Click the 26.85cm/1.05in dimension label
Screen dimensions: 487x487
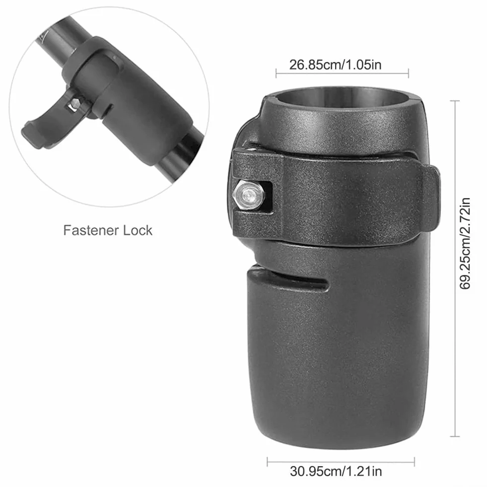click(x=335, y=65)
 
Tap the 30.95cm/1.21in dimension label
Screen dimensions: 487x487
click(x=336, y=471)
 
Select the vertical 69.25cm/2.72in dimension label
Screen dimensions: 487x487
click(x=465, y=243)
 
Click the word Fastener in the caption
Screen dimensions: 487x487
click(x=91, y=230)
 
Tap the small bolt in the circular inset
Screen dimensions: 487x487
click(x=74, y=104)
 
